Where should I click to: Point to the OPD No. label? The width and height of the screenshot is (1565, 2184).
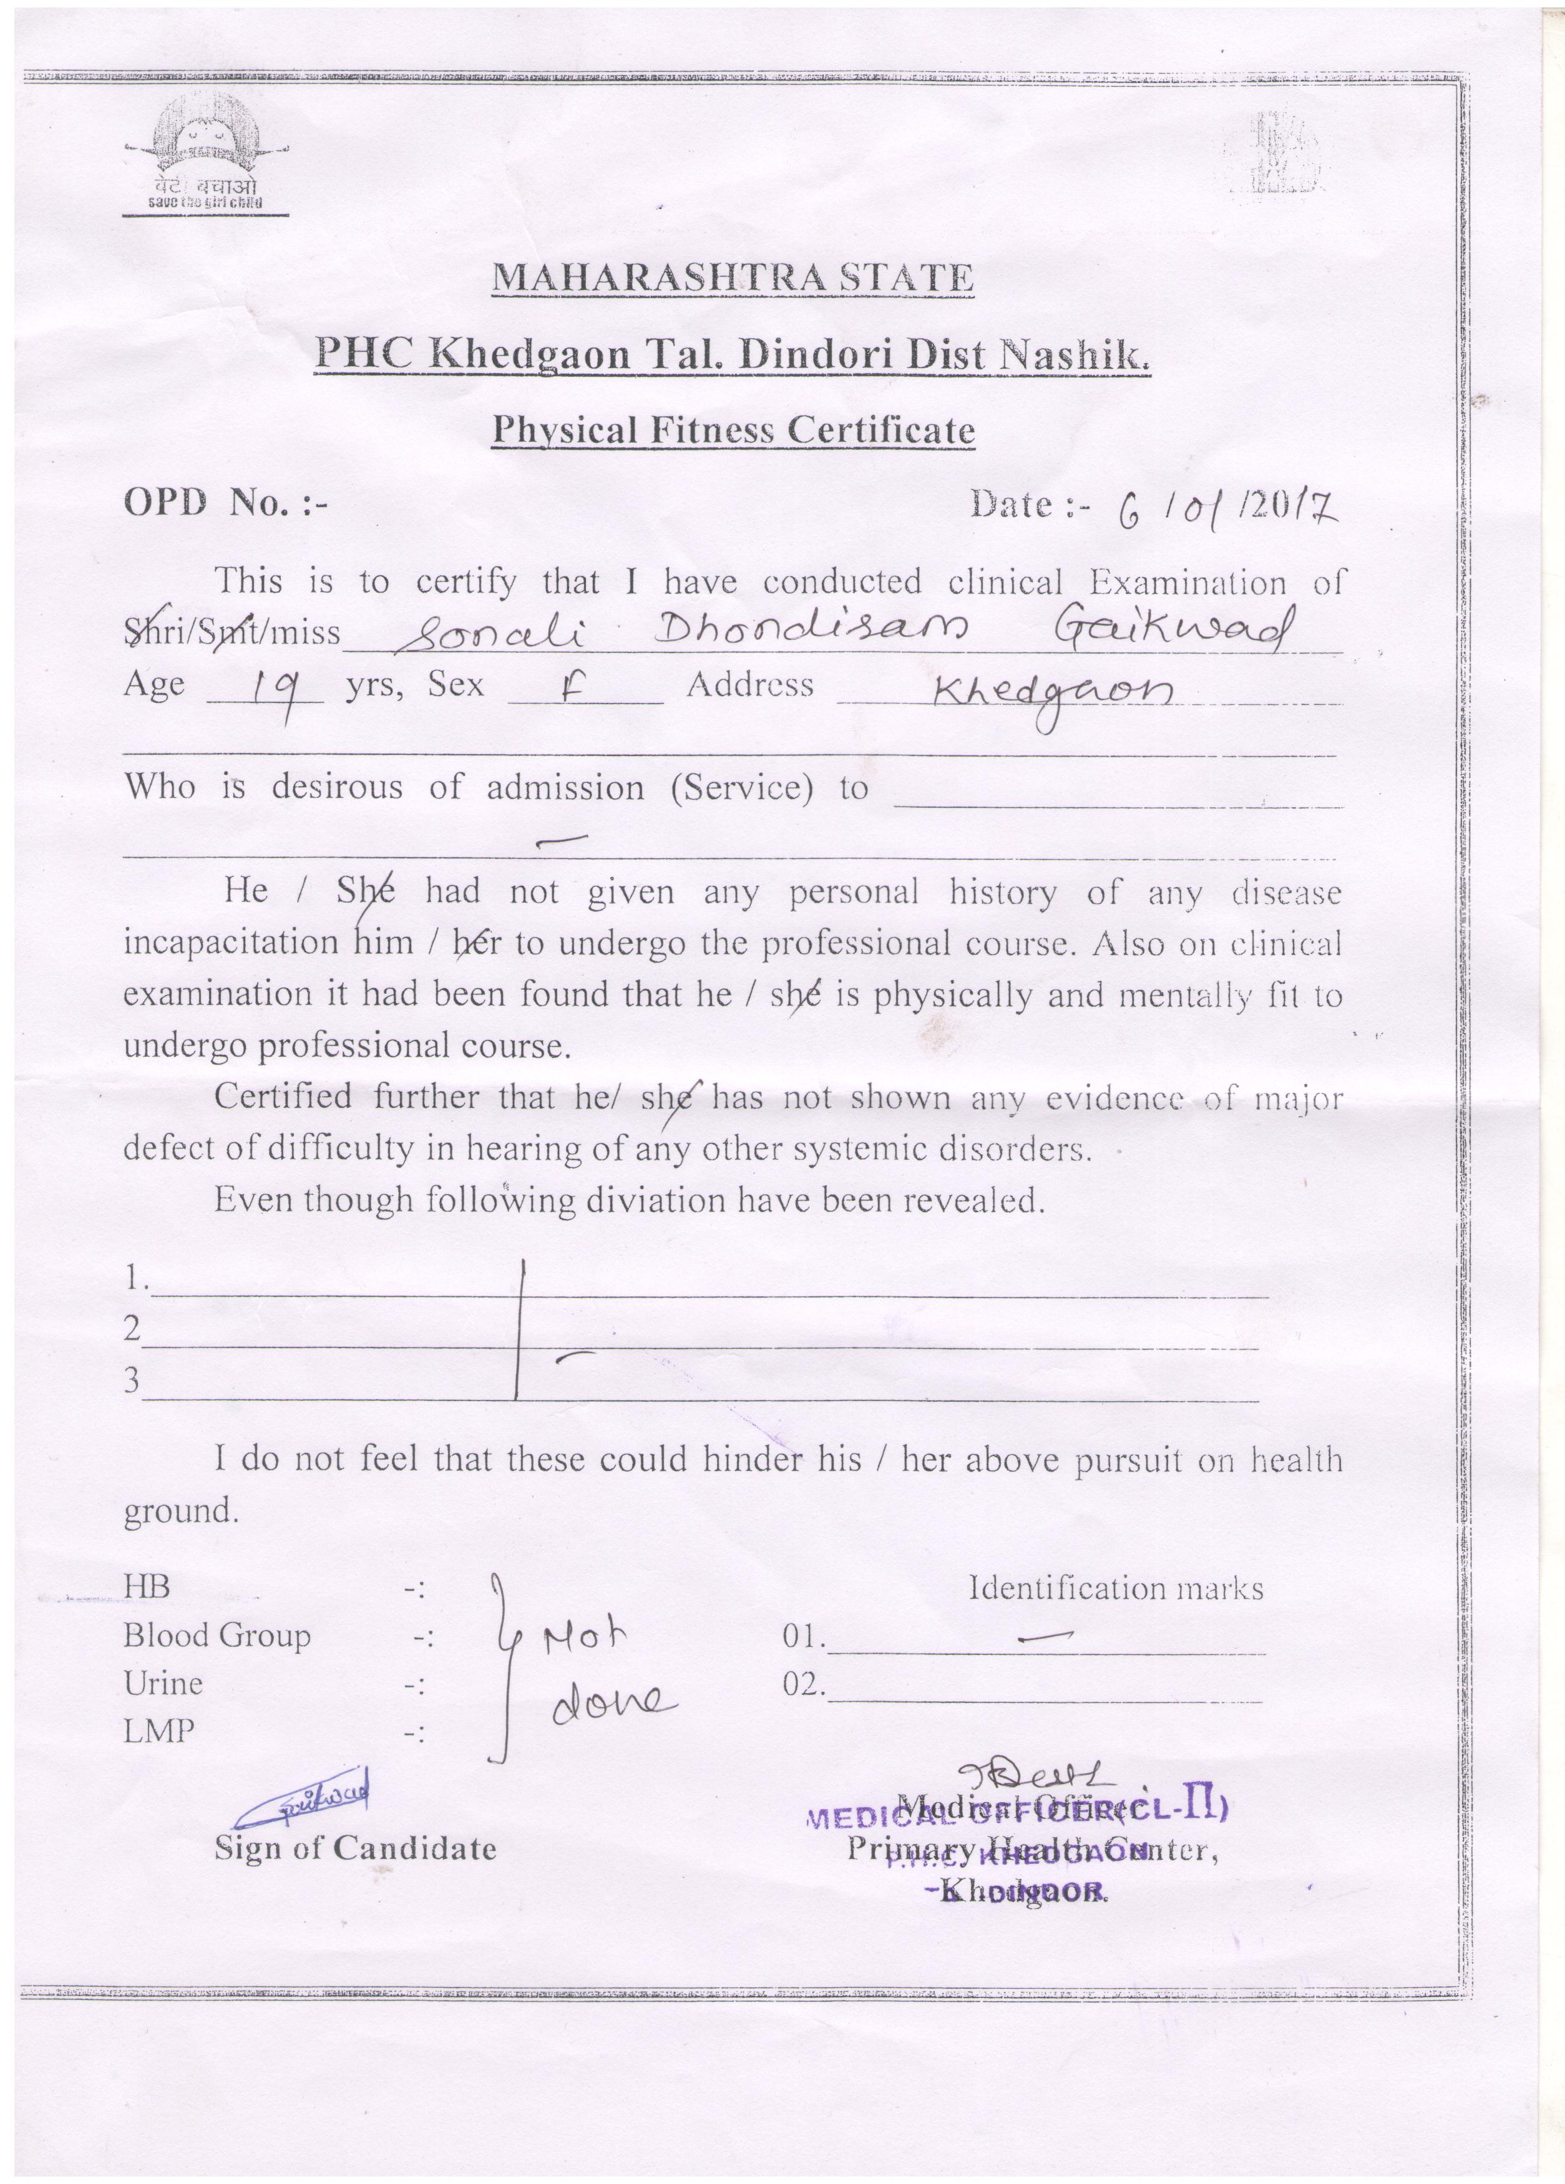point(225,503)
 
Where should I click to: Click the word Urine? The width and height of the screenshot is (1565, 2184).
point(163,1684)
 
